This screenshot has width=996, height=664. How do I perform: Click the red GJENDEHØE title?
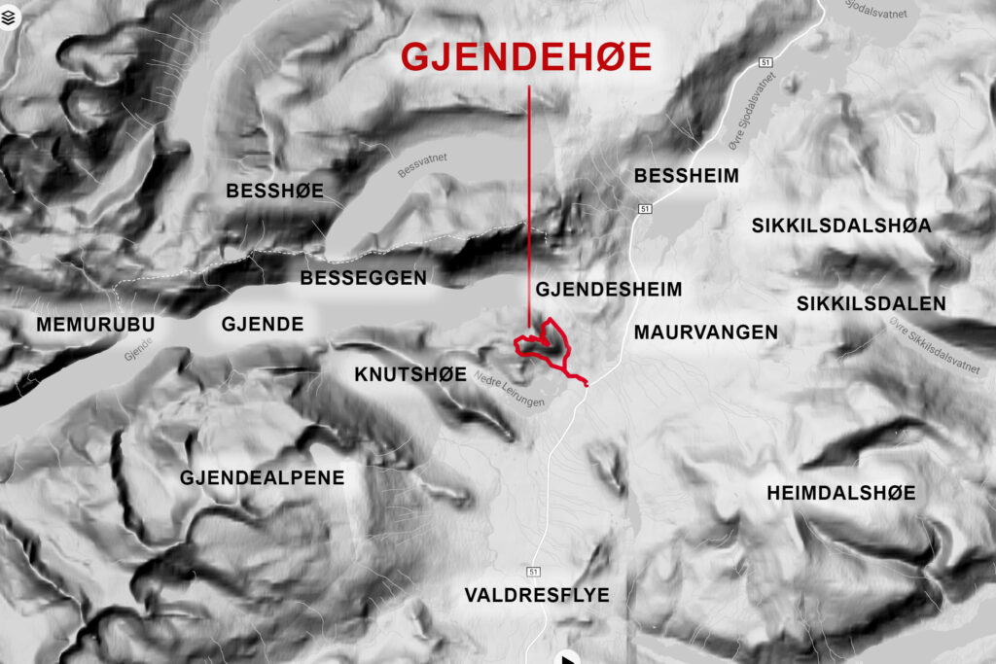(526, 57)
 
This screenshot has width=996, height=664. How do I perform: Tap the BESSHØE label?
(274, 191)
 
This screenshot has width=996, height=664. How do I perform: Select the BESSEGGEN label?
(363, 278)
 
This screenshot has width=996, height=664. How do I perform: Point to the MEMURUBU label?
(95, 325)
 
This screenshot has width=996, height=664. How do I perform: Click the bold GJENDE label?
(263, 325)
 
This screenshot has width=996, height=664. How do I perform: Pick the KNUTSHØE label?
(410, 374)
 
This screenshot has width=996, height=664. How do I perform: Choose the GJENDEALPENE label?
(263, 477)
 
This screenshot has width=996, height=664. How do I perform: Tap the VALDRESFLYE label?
(537, 595)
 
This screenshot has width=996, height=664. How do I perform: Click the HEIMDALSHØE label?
(840, 493)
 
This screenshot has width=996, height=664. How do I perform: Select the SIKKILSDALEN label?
(871, 303)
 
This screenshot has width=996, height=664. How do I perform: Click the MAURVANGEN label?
(705, 332)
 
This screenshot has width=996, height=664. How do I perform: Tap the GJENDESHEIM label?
(608, 289)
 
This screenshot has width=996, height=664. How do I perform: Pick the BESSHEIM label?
(687, 176)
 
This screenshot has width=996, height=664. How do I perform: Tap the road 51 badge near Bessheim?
(645, 209)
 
